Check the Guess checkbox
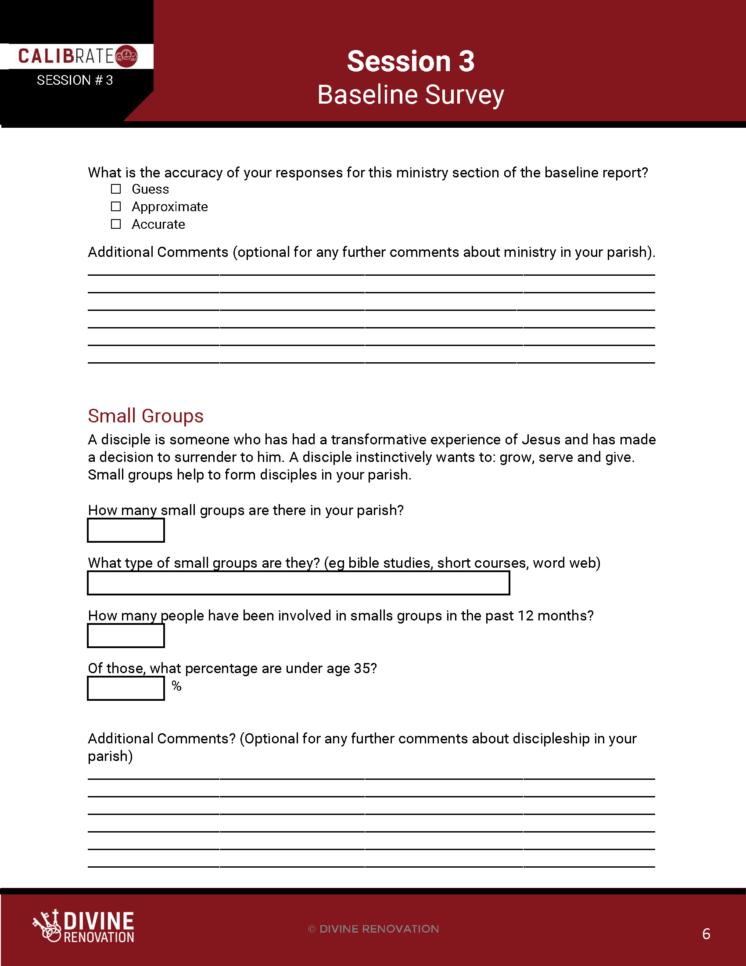[116, 189]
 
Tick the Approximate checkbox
[116, 206]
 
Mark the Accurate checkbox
[116, 224]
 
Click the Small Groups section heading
[145, 416]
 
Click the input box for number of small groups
[126, 530]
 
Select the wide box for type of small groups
[298, 583]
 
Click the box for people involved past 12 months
[126, 636]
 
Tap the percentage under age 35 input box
[126, 688]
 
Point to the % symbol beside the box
[177, 686]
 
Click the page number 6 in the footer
[706, 934]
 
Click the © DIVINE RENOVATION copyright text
[373, 929]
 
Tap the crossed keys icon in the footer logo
[47, 925]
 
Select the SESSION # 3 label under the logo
[75, 80]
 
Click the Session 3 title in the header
[411, 61]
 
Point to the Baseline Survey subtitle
[411, 95]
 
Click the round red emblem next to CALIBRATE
[126, 56]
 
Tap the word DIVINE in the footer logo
[99, 921]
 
